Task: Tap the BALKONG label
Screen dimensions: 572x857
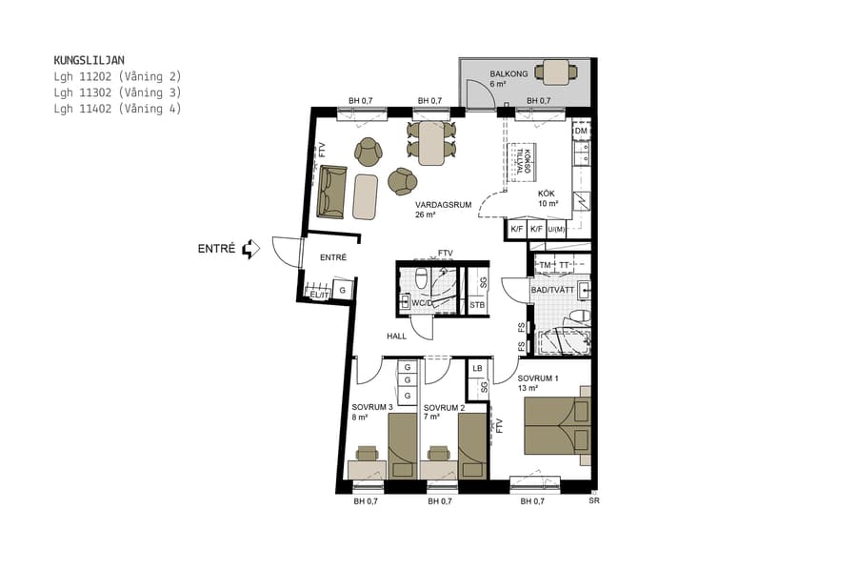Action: tap(508, 73)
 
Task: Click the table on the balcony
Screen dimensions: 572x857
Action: tap(555, 71)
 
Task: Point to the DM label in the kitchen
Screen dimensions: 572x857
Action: tap(581, 132)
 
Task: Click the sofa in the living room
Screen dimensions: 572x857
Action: tap(332, 191)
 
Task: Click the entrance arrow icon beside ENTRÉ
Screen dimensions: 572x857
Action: tap(251, 249)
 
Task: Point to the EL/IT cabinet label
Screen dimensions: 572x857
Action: tap(319, 295)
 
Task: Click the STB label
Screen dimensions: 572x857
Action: tap(477, 305)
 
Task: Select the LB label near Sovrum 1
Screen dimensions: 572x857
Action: tap(477, 368)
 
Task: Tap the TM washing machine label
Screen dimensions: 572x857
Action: tap(546, 264)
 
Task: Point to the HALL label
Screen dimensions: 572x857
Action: tap(396, 336)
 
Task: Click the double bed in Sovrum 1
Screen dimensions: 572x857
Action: tap(557, 426)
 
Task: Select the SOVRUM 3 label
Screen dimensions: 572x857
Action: tap(372, 407)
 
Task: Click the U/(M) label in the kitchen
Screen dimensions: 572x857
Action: tap(557, 229)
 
